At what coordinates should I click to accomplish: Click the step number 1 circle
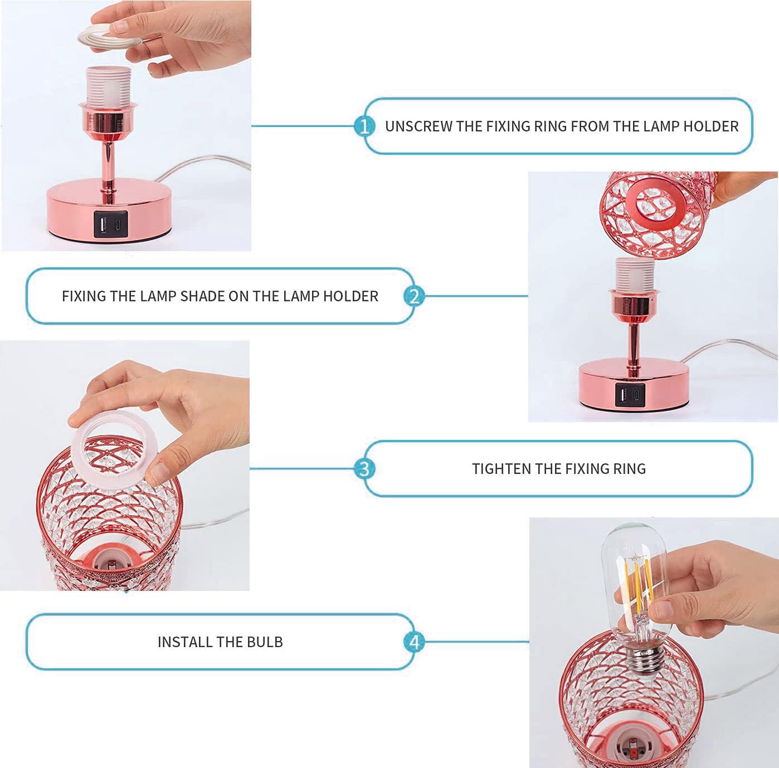tap(364, 126)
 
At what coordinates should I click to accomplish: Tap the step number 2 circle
tap(414, 296)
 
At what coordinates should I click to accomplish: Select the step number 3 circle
tap(364, 468)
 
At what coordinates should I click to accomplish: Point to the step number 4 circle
tap(414, 642)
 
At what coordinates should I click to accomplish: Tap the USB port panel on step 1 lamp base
tap(111, 224)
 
